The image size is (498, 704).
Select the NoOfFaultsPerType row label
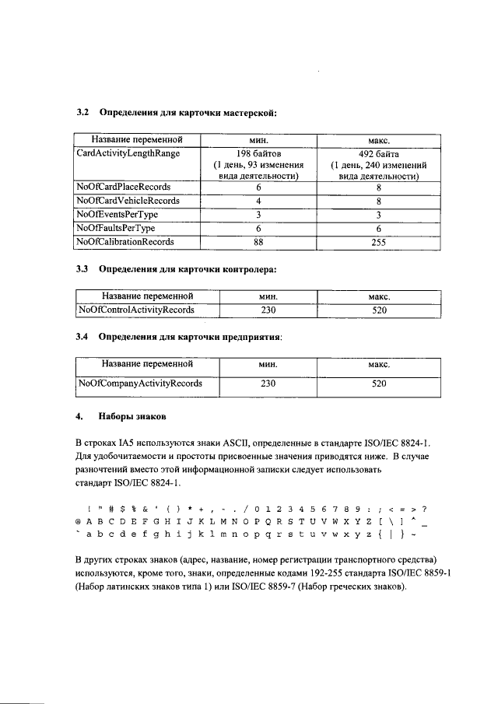tap(116, 228)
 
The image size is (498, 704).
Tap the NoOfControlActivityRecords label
tap(136, 310)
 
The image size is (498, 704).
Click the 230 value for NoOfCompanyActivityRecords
tap(268, 383)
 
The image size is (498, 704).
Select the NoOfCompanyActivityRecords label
tap(140, 383)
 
